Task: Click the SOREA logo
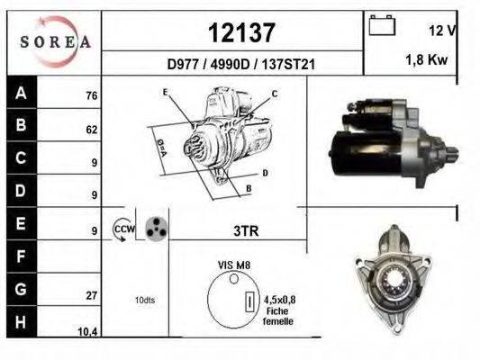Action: [56, 41]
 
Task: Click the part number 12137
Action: [240, 32]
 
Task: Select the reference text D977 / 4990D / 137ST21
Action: [240, 64]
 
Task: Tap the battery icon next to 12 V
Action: [382, 26]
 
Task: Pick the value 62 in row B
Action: [91, 130]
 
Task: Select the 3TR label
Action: [246, 230]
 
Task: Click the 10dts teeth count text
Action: [144, 300]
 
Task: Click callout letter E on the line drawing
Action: [165, 92]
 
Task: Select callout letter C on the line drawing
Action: [275, 94]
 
